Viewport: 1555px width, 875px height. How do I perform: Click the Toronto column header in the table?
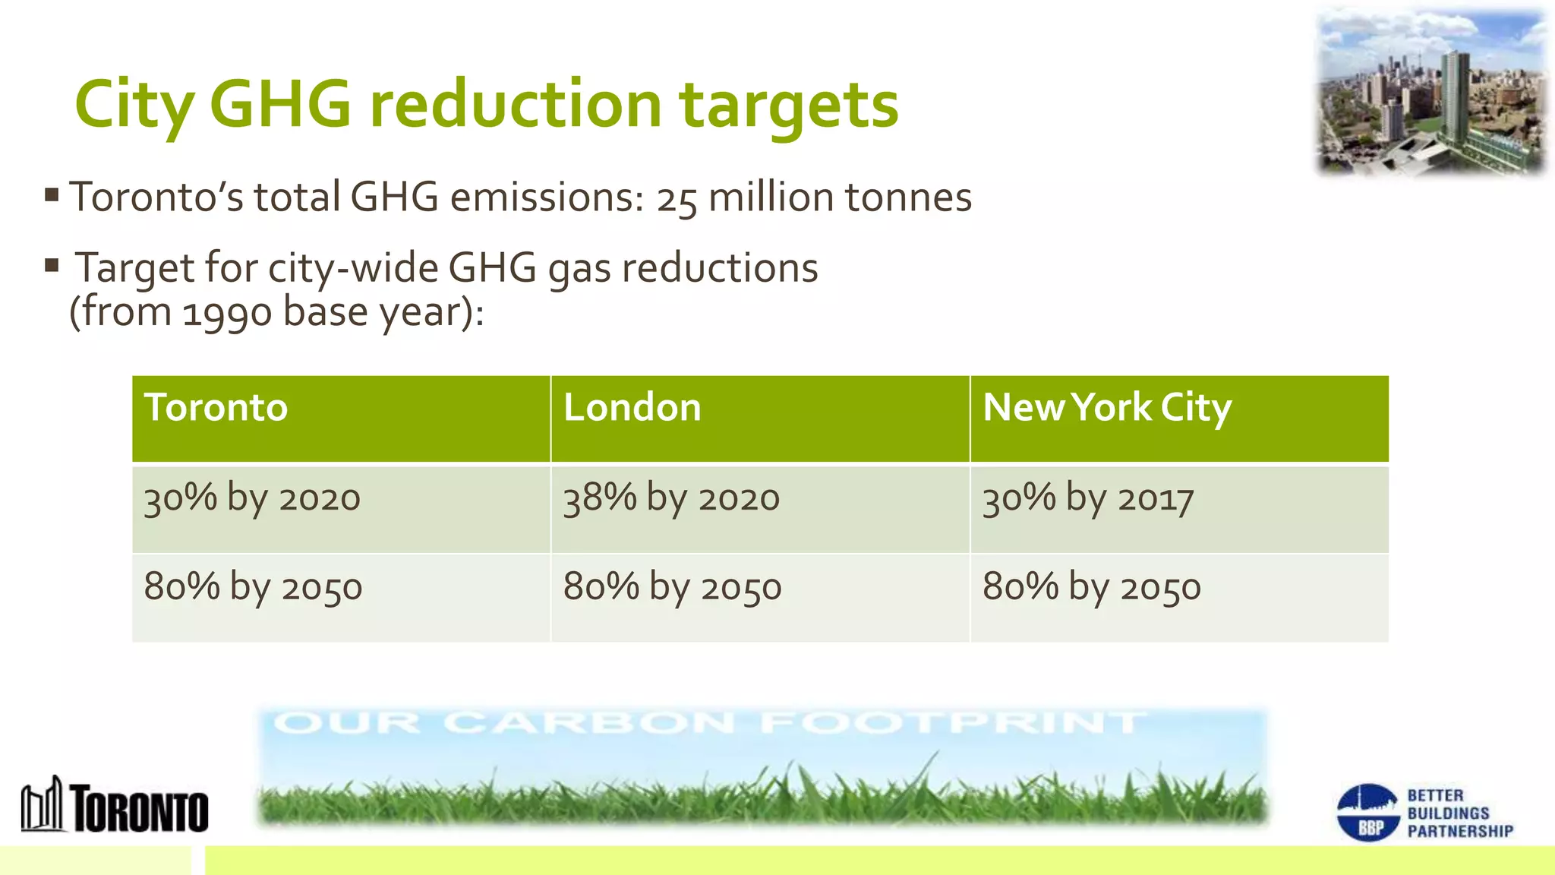click(x=216, y=408)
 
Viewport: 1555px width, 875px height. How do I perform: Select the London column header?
click(x=632, y=408)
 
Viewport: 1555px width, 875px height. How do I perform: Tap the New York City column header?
click(x=1106, y=408)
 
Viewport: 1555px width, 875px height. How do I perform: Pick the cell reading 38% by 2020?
click(x=671, y=499)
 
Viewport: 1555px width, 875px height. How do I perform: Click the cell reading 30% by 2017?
click(x=1087, y=499)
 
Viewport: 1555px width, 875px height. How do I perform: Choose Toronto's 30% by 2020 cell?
click(x=252, y=499)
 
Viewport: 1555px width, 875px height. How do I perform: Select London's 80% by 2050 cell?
click(x=672, y=587)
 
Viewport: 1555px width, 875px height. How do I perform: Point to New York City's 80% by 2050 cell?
click(x=1091, y=587)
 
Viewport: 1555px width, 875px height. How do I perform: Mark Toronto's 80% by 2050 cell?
click(x=253, y=587)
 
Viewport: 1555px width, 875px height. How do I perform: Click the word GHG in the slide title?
click(x=280, y=104)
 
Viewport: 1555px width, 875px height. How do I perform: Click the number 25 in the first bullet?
click(x=677, y=200)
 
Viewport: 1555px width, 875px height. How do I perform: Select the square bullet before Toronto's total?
click(x=52, y=195)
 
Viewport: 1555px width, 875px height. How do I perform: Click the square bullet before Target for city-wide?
click(x=52, y=266)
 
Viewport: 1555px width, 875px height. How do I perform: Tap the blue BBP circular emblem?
click(x=1367, y=813)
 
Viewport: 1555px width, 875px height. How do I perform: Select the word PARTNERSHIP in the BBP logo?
click(x=1460, y=831)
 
